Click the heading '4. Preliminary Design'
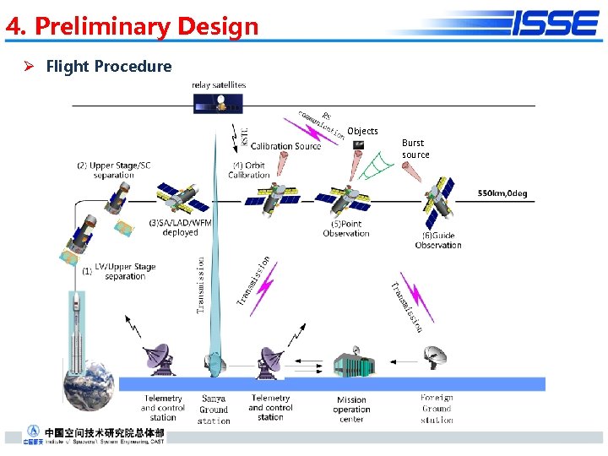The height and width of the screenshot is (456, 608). [132, 27]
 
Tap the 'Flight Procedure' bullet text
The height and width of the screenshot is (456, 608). [108, 66]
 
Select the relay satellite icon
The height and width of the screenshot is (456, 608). [219, 103]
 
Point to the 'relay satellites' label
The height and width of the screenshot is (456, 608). [219, 84]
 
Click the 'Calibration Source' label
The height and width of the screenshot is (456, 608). [285, 146]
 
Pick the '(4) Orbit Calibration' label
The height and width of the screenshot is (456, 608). [248, 170]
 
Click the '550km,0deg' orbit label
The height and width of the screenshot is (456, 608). [502, 193]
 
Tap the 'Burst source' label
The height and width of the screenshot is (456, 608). [415, 149]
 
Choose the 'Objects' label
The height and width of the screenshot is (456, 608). [362, 131]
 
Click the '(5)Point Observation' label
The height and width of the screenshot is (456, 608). [346, 229]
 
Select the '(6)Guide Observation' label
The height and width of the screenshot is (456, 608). [438, 240]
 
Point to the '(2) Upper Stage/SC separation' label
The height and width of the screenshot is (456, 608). [113, 170]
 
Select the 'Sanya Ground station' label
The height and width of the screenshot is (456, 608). [214, 410]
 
